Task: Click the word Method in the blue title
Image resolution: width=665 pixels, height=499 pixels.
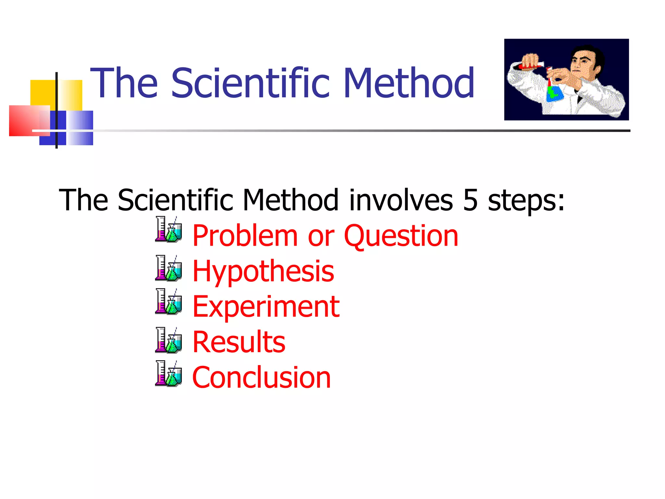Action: [408, 83]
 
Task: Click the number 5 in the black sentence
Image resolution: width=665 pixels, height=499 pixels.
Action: [470, 200]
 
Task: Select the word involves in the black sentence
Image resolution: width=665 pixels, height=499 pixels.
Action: [401, 200]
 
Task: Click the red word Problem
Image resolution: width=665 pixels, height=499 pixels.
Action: [245, 236]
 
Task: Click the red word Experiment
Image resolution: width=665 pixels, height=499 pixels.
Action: [266, 307]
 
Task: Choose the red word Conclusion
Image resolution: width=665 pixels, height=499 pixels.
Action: [261, 377]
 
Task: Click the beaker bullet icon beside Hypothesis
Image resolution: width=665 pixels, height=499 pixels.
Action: [168, 268]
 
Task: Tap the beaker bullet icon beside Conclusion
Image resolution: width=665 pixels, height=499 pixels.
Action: [168, 374]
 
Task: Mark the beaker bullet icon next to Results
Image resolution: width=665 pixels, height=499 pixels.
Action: [168, 340]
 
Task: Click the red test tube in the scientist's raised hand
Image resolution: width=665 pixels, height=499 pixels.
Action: [531, 66]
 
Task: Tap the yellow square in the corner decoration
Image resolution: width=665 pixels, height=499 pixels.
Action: [42, 93]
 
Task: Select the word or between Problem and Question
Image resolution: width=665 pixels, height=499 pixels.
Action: [321, 237]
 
